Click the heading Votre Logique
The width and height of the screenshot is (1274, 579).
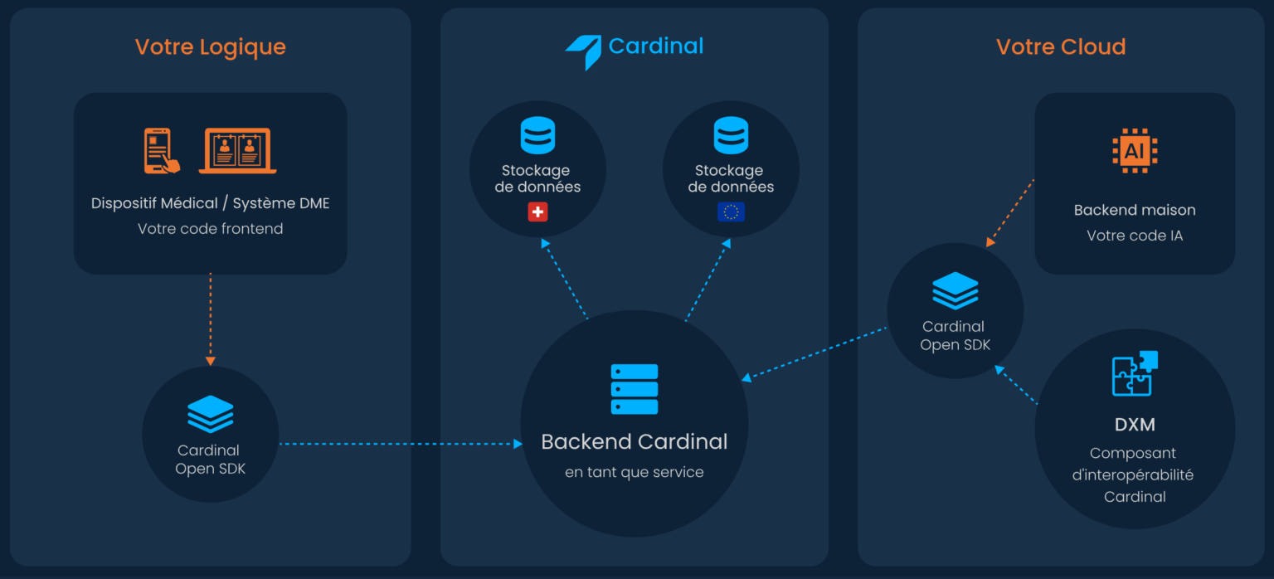click(x=210, y=46)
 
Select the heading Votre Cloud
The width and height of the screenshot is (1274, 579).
click(x=1061, y=46)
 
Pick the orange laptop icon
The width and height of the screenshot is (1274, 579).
click(x=237, y=151)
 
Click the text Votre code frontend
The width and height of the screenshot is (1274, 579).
click(x=210, y=229)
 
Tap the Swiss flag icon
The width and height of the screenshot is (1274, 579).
click(x=537, y=212)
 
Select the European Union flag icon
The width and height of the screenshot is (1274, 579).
click(x=731, y=212)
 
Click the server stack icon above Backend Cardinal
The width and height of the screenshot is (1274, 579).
click(x=635, y=389)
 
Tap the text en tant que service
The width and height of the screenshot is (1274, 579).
click(x=635, y=473)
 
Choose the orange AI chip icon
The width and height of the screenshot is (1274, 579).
click(x=1135, y=151)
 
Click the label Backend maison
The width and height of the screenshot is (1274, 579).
click(x=1135, y=210)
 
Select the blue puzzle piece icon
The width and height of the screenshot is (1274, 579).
click(x=1134, y=374)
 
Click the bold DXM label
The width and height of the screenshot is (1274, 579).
click(x=1135, y=425)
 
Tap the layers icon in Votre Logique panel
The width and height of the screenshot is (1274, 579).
click(x=210, y=414)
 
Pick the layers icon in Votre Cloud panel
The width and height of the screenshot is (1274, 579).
click(x=955, y=290)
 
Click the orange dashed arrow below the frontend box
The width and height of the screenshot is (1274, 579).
click(x=210, y=319)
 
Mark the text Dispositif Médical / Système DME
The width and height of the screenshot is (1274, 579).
click(x=210, y=203)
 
